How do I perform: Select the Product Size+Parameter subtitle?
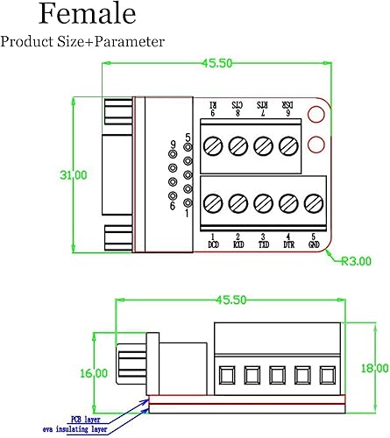pos(82,41)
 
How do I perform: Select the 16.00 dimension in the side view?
pos(94,373)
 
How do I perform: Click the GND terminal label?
pos(314,241)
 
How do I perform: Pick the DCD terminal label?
pos(213,241)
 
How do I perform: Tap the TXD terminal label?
pos(263,241)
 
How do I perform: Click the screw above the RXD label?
pos(238,204)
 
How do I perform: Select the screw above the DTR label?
pos(287,204)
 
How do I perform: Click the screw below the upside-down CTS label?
pos(238,145)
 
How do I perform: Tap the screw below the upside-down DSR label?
pos(287,145)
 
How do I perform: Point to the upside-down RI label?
pos(213,108)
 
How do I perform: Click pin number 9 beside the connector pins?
pos(174,144)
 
